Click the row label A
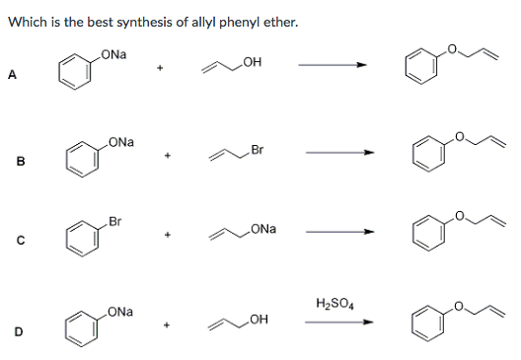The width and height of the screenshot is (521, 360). [13, 70]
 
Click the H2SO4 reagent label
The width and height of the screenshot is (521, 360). [335, 303]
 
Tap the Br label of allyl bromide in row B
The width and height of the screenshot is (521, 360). [258, 150]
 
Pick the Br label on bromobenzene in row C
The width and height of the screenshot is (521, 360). [115, 219]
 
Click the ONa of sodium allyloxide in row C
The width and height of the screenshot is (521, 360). [263, 229]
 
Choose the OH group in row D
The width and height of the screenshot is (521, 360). [260, 317]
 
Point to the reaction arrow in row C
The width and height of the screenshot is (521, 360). [340, 235]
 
